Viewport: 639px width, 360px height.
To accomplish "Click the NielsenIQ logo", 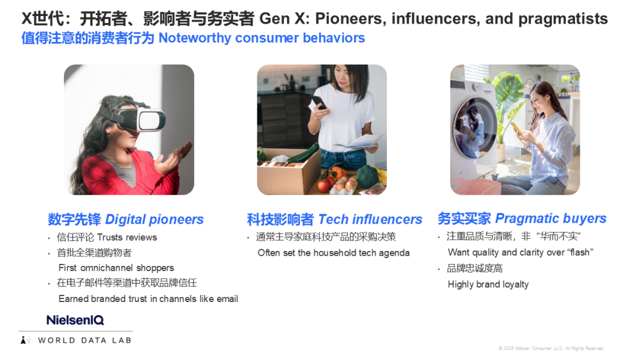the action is [75, 320].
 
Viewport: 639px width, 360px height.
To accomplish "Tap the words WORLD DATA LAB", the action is [85, 340].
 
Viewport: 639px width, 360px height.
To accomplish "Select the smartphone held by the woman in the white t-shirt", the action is [319, 102].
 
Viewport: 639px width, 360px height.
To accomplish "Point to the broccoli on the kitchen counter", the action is [367, 176].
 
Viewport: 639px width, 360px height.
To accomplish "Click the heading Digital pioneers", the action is [154, 219].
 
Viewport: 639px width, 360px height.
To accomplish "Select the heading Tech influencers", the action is [370, 219].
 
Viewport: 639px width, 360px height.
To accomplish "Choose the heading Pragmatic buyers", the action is [551, 218].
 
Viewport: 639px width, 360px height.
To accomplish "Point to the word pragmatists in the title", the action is [563, 19].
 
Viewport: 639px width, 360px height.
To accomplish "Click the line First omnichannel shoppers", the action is [116, 268].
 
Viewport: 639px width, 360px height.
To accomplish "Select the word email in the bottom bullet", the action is [227, 299].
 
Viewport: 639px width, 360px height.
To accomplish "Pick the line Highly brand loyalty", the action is [488, 285].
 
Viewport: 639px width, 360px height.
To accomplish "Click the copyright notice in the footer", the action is [551, 348].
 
